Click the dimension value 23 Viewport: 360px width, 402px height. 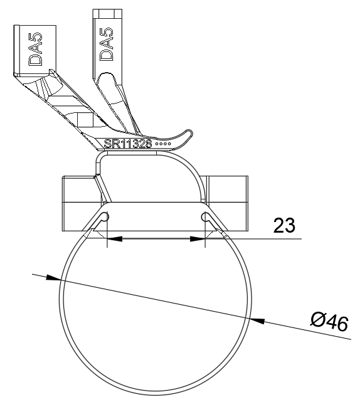284,225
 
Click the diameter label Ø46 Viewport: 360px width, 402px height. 330,322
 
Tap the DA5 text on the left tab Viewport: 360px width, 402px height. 35,49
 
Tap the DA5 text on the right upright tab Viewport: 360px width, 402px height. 106,44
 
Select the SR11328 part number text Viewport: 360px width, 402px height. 128,144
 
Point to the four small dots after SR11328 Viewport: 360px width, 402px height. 163,144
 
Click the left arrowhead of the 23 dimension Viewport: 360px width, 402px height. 114,239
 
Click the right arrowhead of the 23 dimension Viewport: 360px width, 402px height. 198,239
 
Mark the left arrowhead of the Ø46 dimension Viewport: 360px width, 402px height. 53,278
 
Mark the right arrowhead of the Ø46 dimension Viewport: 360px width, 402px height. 257,320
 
